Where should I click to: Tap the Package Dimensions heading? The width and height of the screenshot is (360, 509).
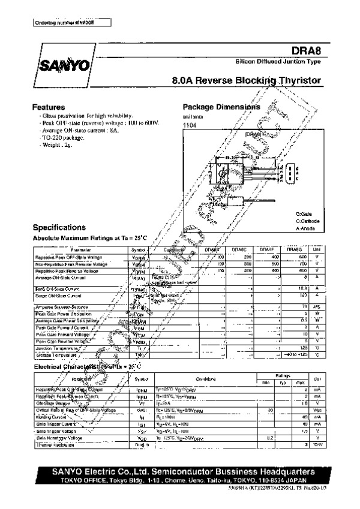[x=221, y=106]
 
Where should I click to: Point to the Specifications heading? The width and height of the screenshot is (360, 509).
[x=59, y=228]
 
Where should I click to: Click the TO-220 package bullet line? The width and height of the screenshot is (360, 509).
[x=63, y=137]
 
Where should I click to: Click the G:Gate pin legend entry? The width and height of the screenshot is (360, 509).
[x=305, y=214]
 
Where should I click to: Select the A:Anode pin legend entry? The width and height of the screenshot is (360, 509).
[x=306, y=228]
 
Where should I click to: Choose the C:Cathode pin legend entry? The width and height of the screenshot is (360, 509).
[x=308, y=221]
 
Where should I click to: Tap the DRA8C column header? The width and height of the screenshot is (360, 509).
[x=239, y=249]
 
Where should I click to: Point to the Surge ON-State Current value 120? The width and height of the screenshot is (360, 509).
[x=304, y=295]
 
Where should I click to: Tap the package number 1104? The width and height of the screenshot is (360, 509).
[x=189, y=125]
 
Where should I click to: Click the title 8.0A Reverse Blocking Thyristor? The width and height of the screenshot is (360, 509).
[x=246, y=80]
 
